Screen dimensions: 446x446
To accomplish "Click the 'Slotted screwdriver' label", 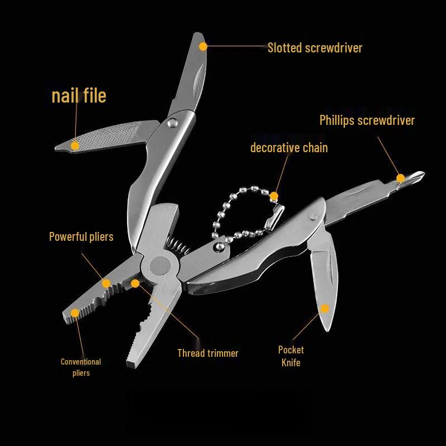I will click(x=314, y=48).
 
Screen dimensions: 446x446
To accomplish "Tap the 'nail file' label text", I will click(x=79, y=95).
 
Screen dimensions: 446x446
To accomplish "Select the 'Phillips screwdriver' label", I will click(x=367, y=120).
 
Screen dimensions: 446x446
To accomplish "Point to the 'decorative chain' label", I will click(x=289, y=148).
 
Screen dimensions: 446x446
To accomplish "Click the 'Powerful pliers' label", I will click(x=81, y=237).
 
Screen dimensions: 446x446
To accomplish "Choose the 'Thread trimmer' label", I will click(x=207, y=353).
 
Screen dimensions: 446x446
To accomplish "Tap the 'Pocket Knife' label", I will click(x=291, y=356).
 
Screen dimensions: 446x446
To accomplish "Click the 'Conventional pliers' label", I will click(x=81, y=367).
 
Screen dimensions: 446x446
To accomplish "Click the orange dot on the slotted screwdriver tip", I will click(x=203, y=47).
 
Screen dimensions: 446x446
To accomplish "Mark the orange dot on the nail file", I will click(x=75, y=146).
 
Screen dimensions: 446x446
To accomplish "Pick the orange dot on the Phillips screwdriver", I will click(x=400, y=178).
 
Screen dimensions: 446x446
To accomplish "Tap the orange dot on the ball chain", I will click(x=274, y=196).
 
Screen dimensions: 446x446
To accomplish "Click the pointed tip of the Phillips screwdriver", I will click(x=422, y=173).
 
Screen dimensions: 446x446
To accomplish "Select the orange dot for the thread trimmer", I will click(x=135, y=283).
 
